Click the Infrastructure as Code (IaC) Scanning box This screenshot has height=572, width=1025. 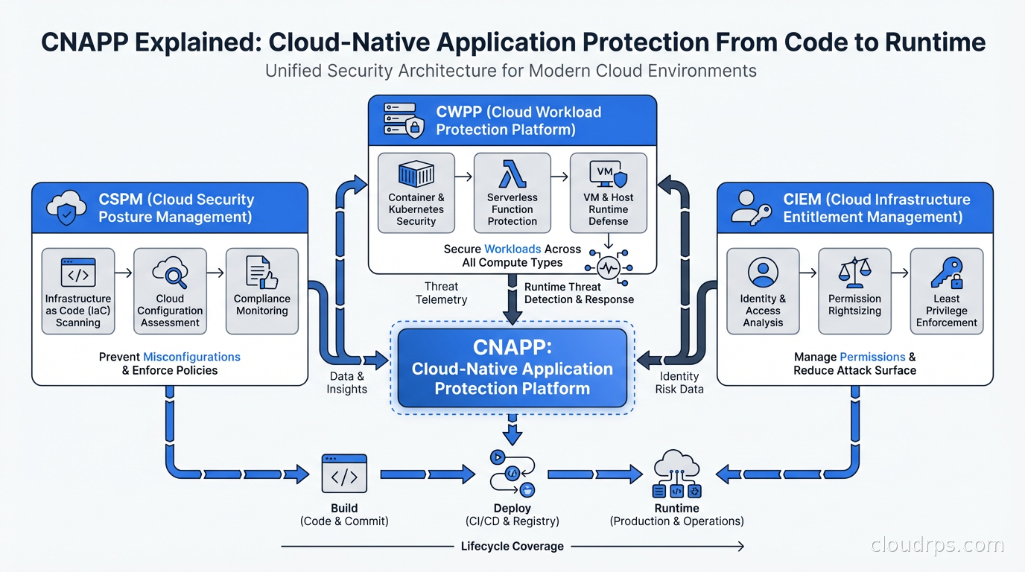click(x=78, y=290)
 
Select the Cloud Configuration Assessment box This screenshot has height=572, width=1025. click(x=170, y=290)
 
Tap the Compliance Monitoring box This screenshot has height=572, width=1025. click(x=262, y=290)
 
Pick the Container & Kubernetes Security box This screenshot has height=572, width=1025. click(x=416, y=193)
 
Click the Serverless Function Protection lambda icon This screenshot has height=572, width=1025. click(x=512, y=174)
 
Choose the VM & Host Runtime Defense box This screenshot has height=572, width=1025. click(x=609, y=193)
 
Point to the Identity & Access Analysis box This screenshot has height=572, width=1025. click(x=763, y=290)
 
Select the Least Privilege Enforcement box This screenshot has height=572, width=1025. click(x=947, y=290)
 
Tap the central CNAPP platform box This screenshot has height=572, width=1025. click(x=512, y=368)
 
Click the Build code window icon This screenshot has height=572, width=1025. click(x=344, y=474)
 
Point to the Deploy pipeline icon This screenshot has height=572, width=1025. click(x=512, y=473)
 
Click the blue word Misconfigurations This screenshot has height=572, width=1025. click(x=191, y=357)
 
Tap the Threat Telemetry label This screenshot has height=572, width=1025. click(x=441, y=293)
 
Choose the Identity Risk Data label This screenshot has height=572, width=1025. click(x=679, y=383)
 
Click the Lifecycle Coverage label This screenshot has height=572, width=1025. click(x=512, y=547)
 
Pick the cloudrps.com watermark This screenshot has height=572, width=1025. click(x=937, y=546)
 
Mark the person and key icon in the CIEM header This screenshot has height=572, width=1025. click(x=751, y=209)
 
